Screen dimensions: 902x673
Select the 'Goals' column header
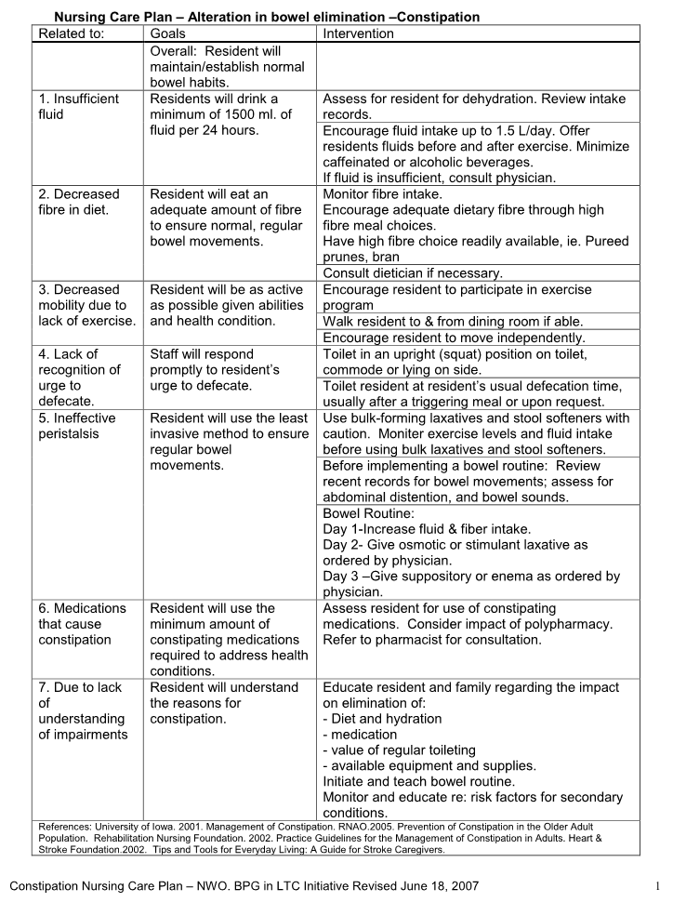pyautogui.click(x=171, y=33)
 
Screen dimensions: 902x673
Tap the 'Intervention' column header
pyautogui.click(x=358, y=33)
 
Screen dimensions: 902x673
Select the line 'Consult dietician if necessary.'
pyautogui.click(x=412, y=272)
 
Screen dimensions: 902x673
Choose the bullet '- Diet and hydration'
pyautogui.click(x=382, y=719)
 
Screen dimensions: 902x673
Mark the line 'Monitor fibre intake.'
pyautogui.click(x=382, y=194)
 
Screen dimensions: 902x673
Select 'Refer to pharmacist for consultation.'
pyautogui.click(x=431, y=640)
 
